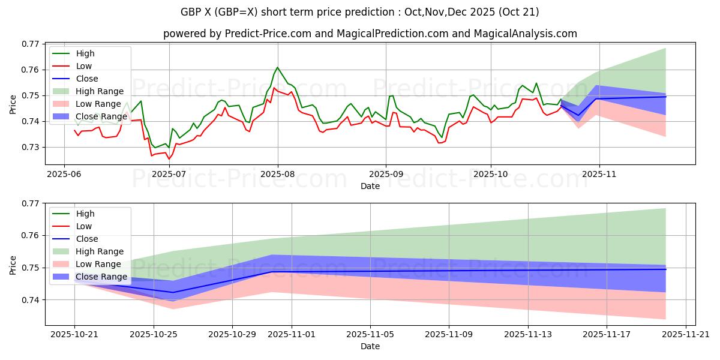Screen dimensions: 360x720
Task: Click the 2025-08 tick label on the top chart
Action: (x=278, y=174)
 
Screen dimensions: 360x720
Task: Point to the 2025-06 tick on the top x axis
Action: (x=65, y=174)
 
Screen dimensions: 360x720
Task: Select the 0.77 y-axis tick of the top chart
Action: (x=30, y=44)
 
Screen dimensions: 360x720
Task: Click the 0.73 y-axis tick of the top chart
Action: (x=30, y=148)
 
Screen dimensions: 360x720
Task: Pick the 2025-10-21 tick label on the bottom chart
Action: (x=74, y=334)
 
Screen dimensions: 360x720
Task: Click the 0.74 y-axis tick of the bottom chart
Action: (x=30, y=300)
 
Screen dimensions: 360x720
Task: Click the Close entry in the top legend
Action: (x=88, y=79)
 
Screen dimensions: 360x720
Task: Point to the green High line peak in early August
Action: (x=277, y=67)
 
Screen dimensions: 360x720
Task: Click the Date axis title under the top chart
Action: (x=370, y=187)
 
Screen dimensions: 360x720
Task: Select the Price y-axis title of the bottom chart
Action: (x=13, y=264)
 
